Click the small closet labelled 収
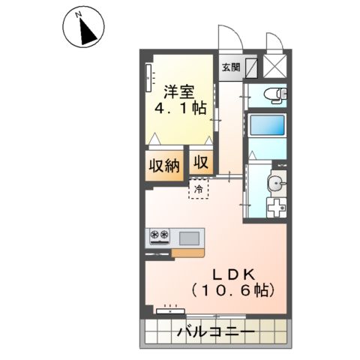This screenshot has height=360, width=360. (x=200, y=162)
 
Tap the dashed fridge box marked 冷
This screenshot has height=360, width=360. (x=199, y=187)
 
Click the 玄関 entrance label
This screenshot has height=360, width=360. (x=229, y=66)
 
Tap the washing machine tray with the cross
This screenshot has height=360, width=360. (x=277, y=208)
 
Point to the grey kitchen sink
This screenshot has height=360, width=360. (x=188, y=238)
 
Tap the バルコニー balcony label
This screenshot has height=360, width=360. (x=216, y=331)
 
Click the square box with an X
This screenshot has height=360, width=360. (x=275, y=65)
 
